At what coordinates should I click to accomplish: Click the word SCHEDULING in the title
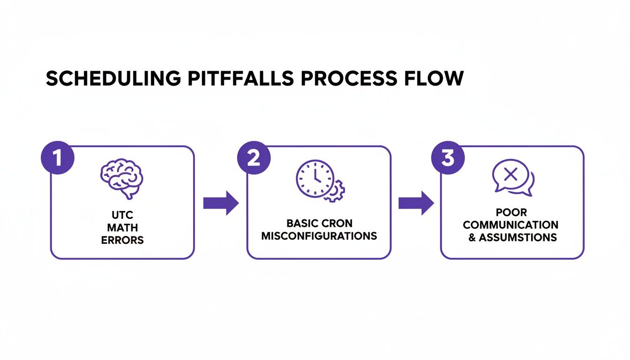point(113,79)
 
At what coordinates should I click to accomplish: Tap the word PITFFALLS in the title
point(240,79)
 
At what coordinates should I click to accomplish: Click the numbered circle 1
point(57,157)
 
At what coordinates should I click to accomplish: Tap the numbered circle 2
point(254,157)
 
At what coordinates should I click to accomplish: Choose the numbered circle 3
point(448,157)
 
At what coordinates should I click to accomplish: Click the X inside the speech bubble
point(510,175)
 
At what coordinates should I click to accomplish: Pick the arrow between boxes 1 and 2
point(221,203)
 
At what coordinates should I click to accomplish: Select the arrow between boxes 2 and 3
point(416,203)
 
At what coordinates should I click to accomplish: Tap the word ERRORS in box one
point(122,240)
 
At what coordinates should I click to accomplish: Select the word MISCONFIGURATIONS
point(319,235)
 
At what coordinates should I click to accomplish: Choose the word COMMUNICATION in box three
point(510,225)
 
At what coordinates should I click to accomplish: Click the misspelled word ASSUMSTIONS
point(517,237)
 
